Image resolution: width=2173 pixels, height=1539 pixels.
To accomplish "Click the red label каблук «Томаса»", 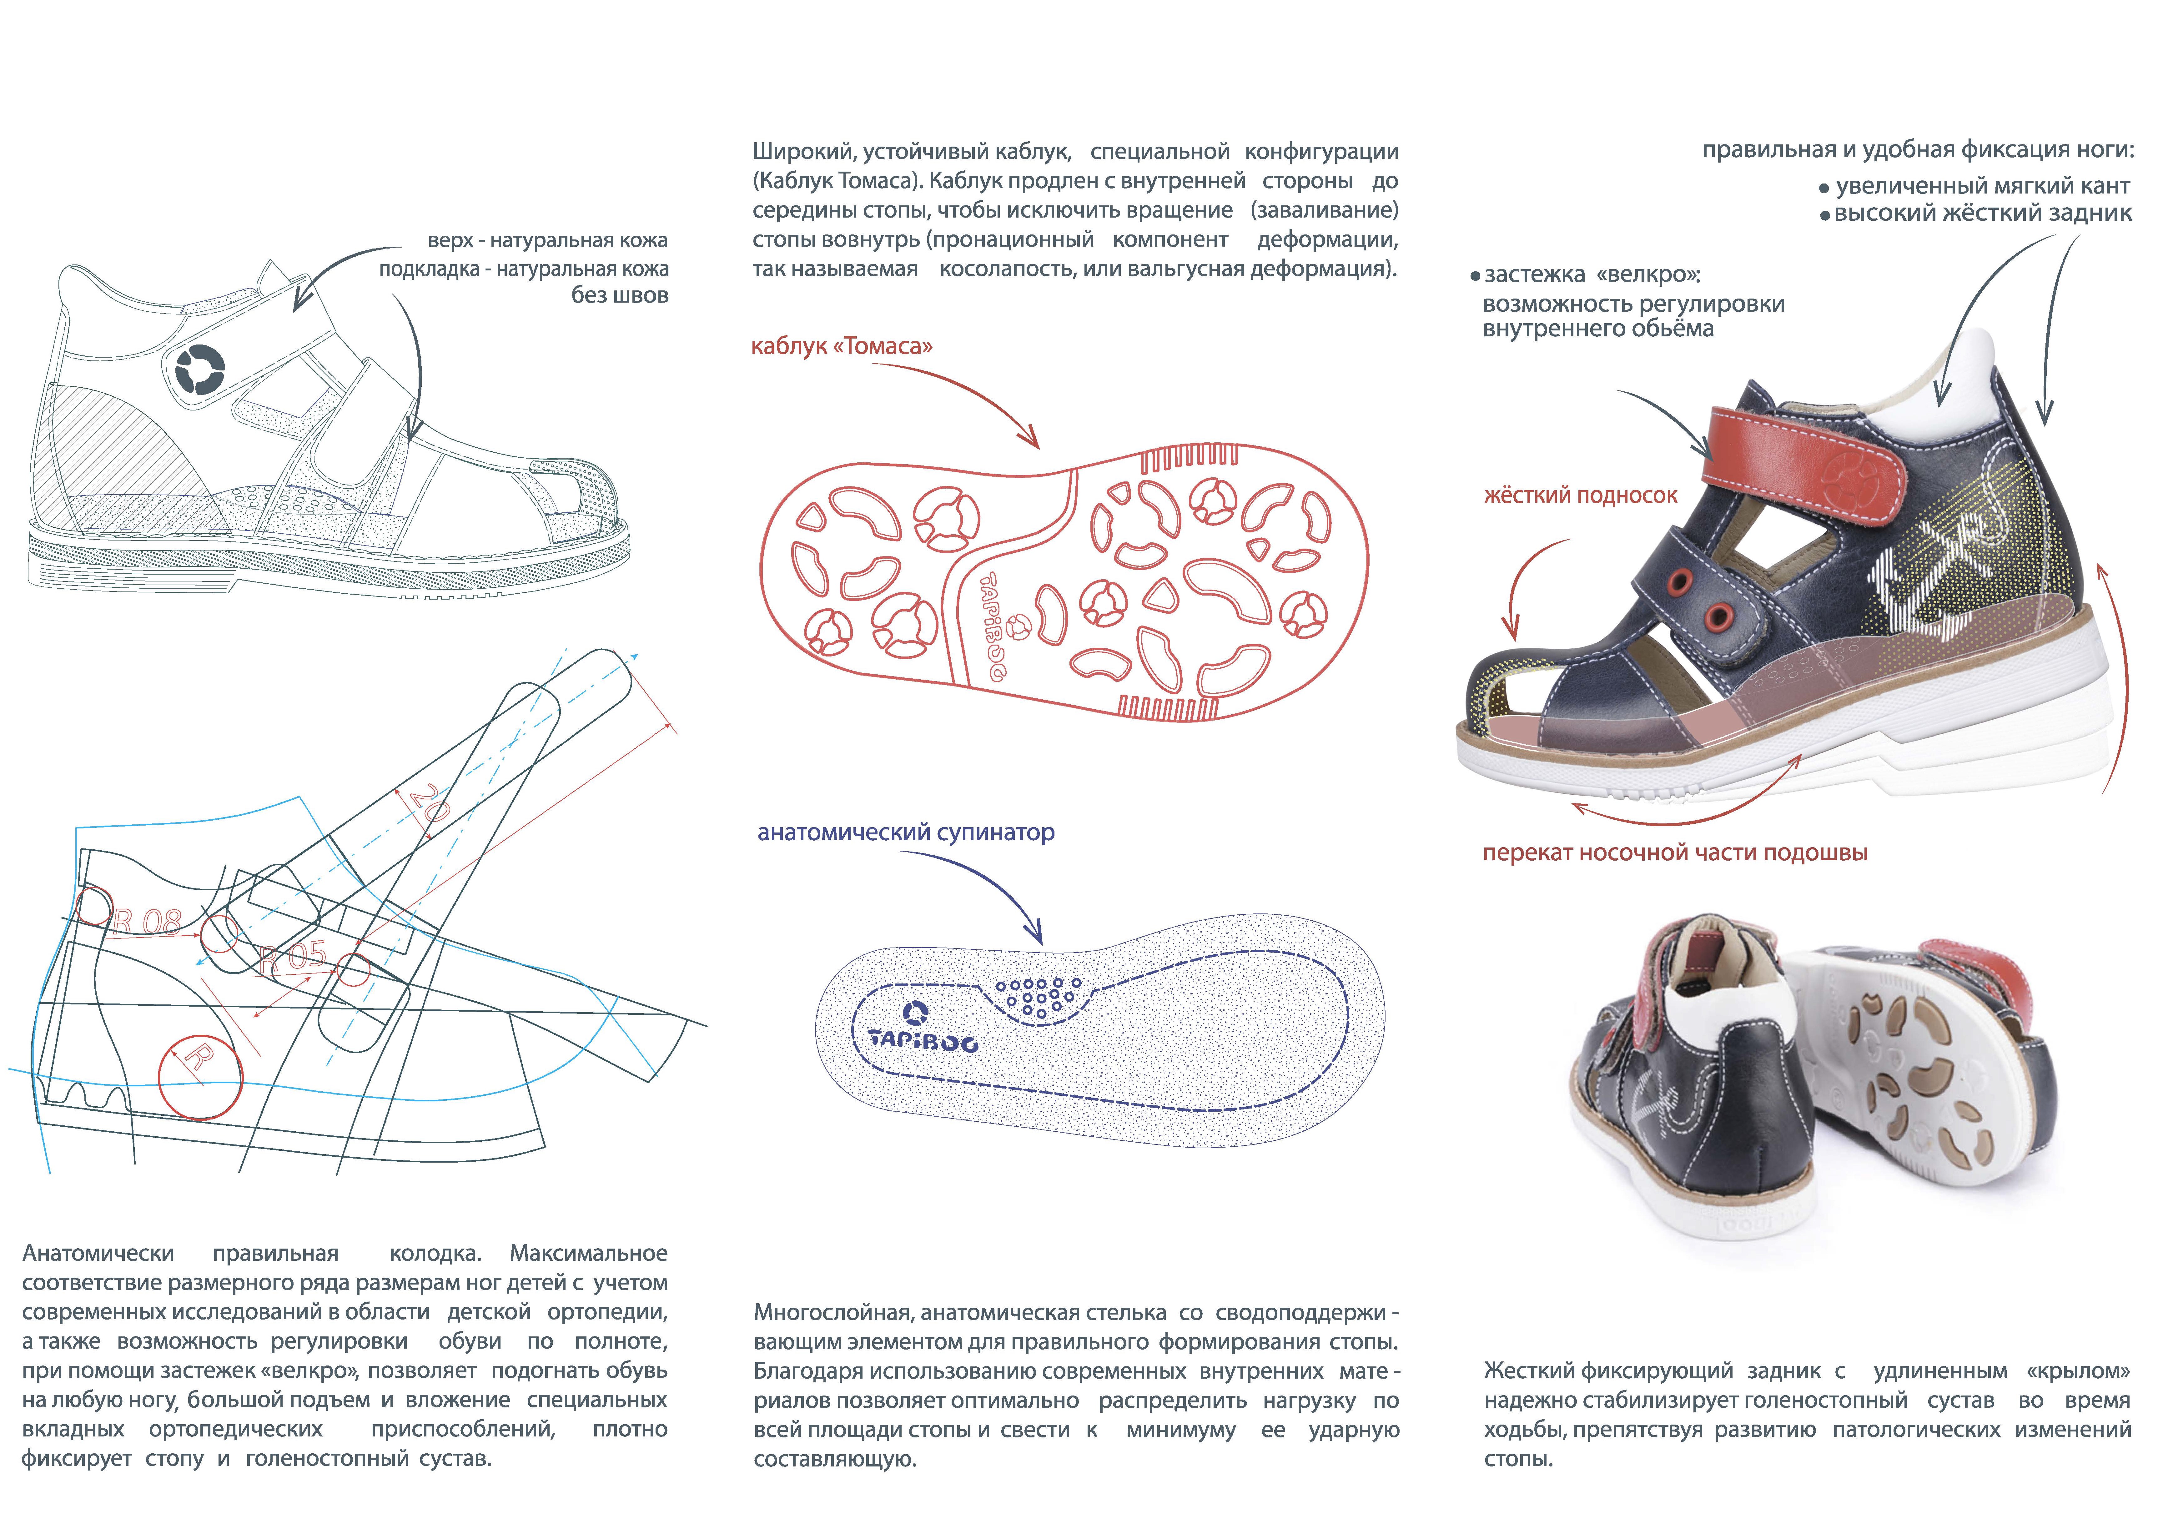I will pyautogui.click(x=842, y=347).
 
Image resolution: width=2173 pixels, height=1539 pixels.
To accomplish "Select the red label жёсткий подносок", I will pyautogui.click(x=1580, y=495).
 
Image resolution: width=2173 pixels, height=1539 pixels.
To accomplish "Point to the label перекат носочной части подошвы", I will pyautogui.click(x=1674, y=853).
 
